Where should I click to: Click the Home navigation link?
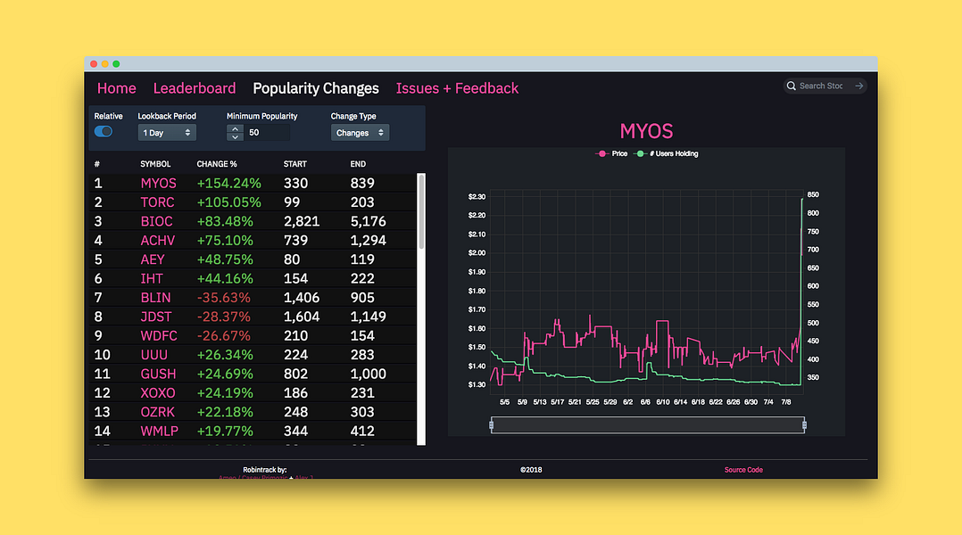click(117, 88)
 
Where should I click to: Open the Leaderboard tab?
click(195, 88)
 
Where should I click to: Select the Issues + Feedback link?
click(457, 88)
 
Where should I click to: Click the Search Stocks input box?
click(820, 86)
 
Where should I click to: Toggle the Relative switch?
click(104, 132)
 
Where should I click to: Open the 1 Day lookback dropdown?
click(167, 133)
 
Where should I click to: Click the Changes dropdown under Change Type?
click(360, 133)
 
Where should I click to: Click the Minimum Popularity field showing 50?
click(267, 133)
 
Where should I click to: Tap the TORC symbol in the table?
click(157, 202)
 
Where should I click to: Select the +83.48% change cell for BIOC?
click(222, 221)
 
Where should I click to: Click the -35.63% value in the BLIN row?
click(223, 298)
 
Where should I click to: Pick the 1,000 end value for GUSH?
click(368, 374)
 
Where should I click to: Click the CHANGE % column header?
click(217, 164)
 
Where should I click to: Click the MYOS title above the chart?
click(646, 131)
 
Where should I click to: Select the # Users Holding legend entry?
click(667, 154)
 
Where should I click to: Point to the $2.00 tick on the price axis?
click(477, 253)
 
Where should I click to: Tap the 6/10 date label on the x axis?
click(662, 402)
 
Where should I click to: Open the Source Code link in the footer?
click(743, 470)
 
